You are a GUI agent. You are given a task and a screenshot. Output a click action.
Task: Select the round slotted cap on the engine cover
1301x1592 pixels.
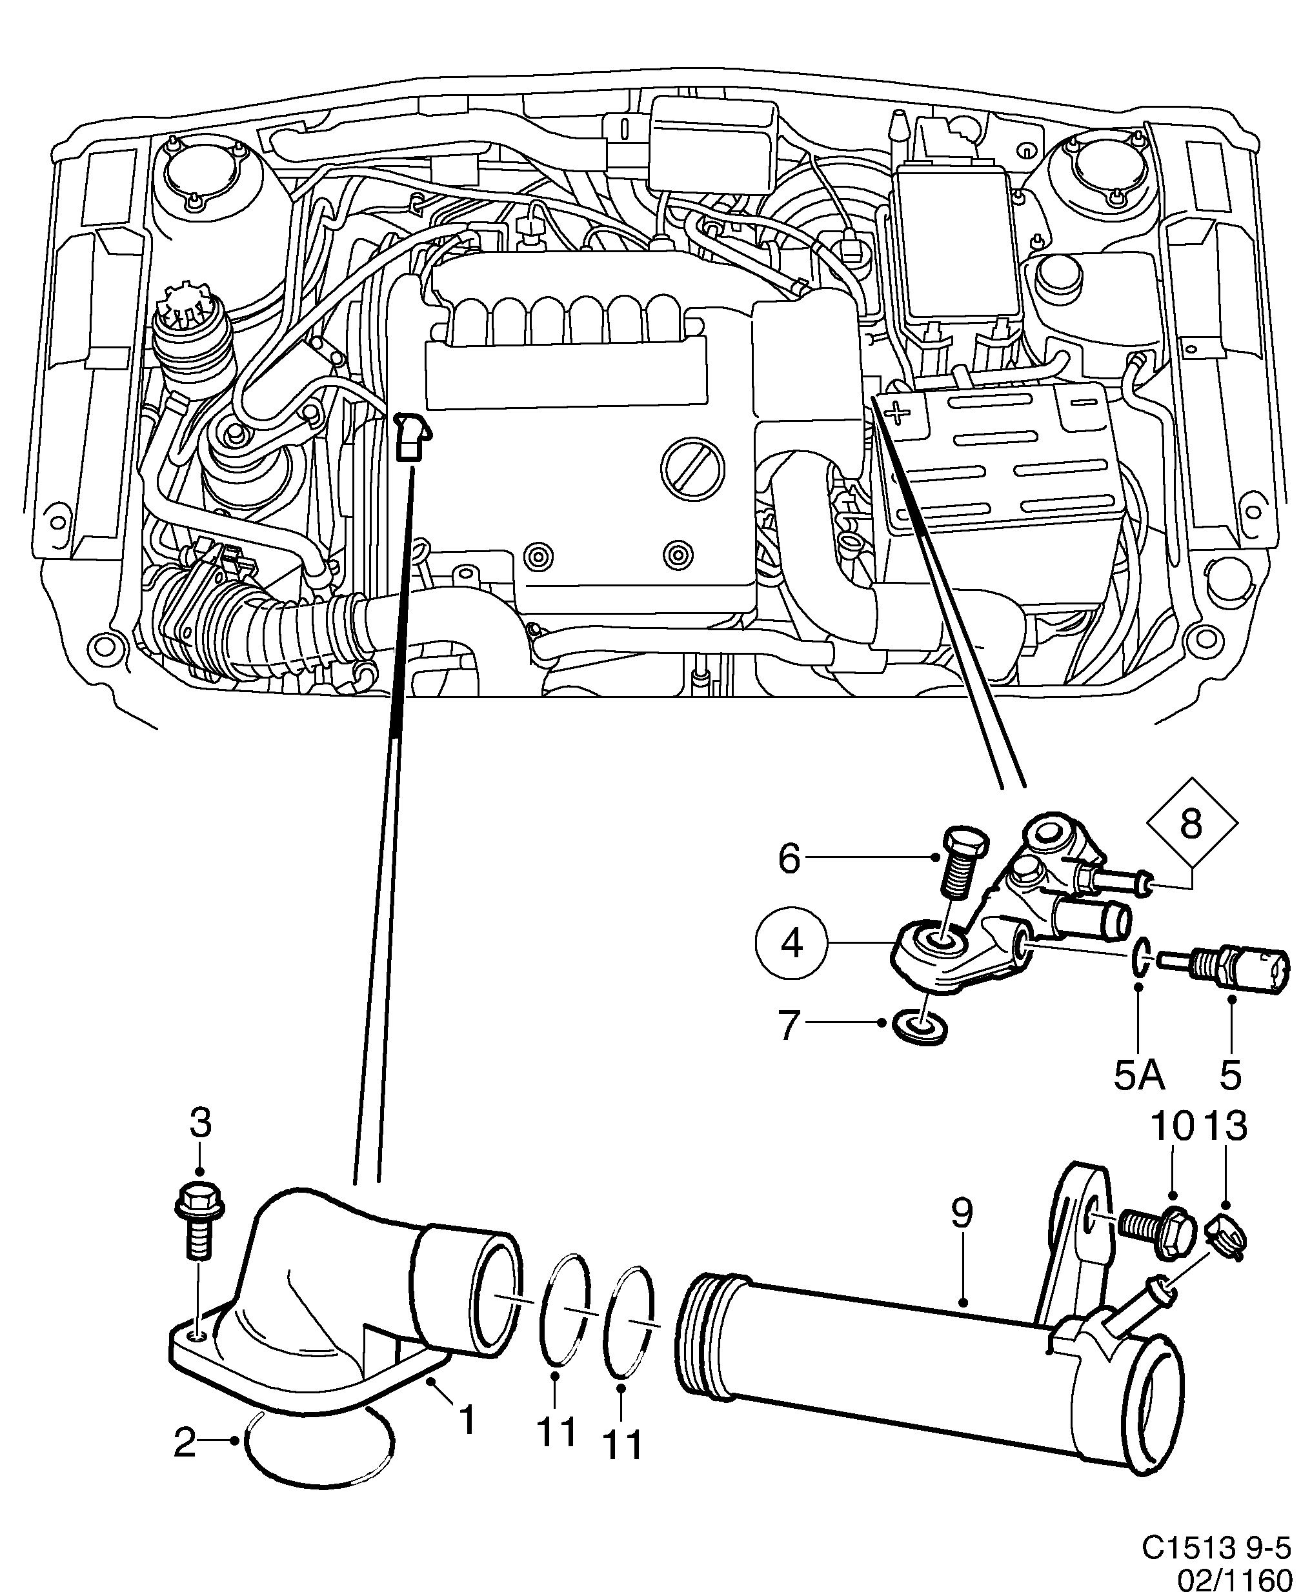[x=693, y=470]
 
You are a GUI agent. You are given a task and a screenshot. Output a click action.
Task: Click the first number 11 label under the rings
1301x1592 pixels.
[x=556, y=1434]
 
